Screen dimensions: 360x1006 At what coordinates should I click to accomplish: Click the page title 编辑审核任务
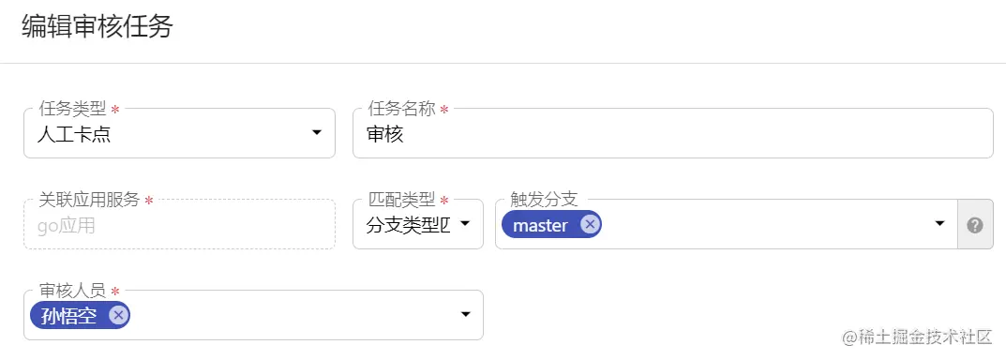pyautogui.click(x=98, y=27)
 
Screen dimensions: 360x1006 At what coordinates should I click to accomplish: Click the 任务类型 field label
pyautogui.click(x=72, y=109)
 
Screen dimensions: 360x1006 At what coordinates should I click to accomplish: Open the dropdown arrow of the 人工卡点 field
pyautogui.click(x=317, y=134)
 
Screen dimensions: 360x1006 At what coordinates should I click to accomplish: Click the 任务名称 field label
pyautogui.click(x=402, y=109)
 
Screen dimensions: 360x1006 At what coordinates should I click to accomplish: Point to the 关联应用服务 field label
pyautogui.click(x=89, y=199)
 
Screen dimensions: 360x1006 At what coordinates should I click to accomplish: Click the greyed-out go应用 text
pyautogui.click(x=66, y=225)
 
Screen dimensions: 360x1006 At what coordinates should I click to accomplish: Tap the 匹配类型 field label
pyautogui.click(x=402, y=199)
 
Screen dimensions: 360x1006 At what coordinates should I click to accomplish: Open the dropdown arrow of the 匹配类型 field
pyautogui.click(x=464, y=225)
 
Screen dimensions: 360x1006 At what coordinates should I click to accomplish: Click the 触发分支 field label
pyautogui.click(x=544, y=199)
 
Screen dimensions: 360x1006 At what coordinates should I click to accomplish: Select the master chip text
pyautogui.click(x=541, y=225)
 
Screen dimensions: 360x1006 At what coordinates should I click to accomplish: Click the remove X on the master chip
pyautogui.click(x=589, y=224)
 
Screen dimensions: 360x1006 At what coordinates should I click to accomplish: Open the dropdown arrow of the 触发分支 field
pyautogui.click(x=939, y=225)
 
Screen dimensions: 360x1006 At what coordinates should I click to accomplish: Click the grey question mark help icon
pyautogui.click(x=974, y=225)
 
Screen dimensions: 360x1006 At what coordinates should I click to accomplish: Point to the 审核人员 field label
pyautogui.click(x=72, y=290)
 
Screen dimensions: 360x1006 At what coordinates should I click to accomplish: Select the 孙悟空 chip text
pyautogui.click(x=69, y=316)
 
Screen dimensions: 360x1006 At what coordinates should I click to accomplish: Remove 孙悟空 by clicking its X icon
pyautogui.click(x=118, y=315)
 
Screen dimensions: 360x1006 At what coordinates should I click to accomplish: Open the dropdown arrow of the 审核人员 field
pyautogui.click(x=465, y=315)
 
